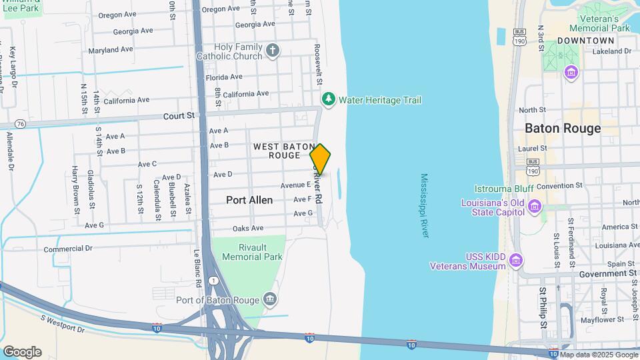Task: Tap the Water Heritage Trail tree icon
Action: tap(328, 100)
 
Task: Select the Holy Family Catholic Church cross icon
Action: tap(272, 51)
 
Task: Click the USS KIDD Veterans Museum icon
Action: tap(515, 260)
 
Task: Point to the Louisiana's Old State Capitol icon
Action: tap(534, 207)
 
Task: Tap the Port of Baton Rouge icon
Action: tap(269, 299)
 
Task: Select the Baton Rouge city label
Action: tap(563, 128)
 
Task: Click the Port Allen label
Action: tap(250, 199)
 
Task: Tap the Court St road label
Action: tap(179, 116)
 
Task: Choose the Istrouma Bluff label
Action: tap(506, 189)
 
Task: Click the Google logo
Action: tap(22, 351)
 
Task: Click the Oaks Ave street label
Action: tap(248, 229)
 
